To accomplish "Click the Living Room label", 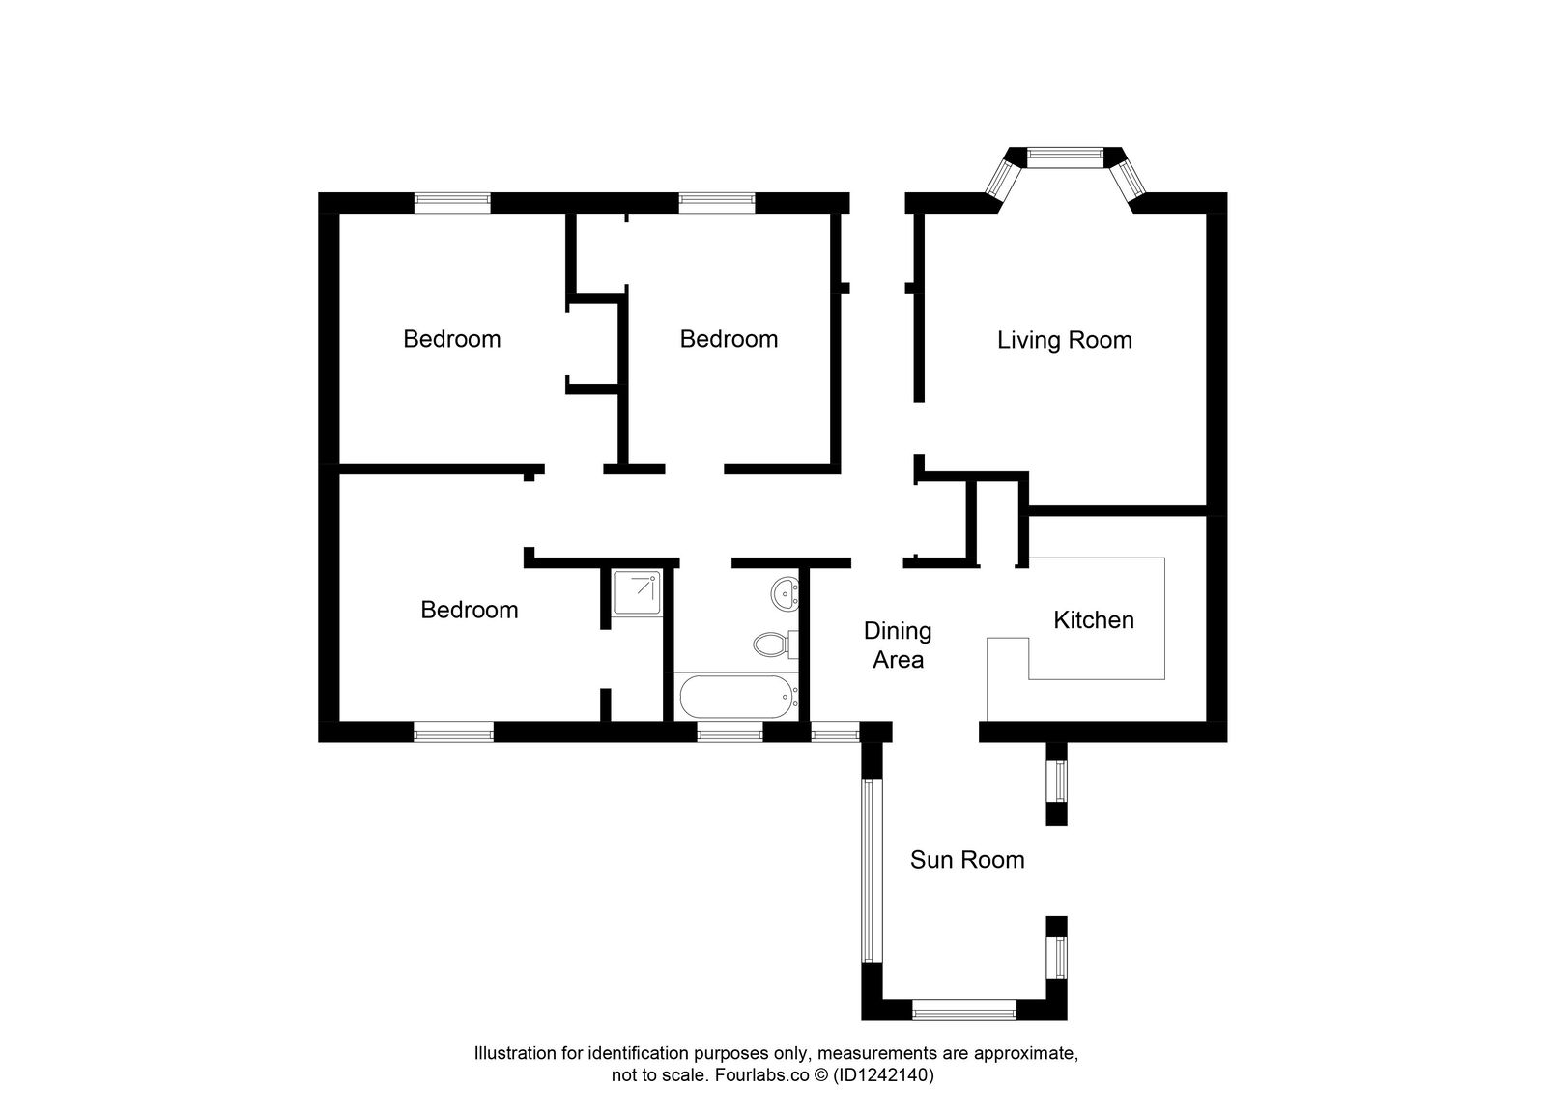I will click(1064, 340).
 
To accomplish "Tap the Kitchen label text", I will click(1093, 619).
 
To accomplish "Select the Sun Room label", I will click(966, 860).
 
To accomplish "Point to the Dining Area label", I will click(898, 645).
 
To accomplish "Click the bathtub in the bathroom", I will click(737, 696).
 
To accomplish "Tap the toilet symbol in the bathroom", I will click(773, 643).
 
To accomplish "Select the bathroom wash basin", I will click(786, 591).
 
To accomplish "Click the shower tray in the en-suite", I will click(637, 591).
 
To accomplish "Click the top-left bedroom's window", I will click(452, 201).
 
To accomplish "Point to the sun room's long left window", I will click(868, 871).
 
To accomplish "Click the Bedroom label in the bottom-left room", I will click(469, 610).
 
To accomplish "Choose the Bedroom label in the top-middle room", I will click(729, 339).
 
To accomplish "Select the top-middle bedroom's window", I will click(716, 201).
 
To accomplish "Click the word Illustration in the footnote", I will click(513, 1054).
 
